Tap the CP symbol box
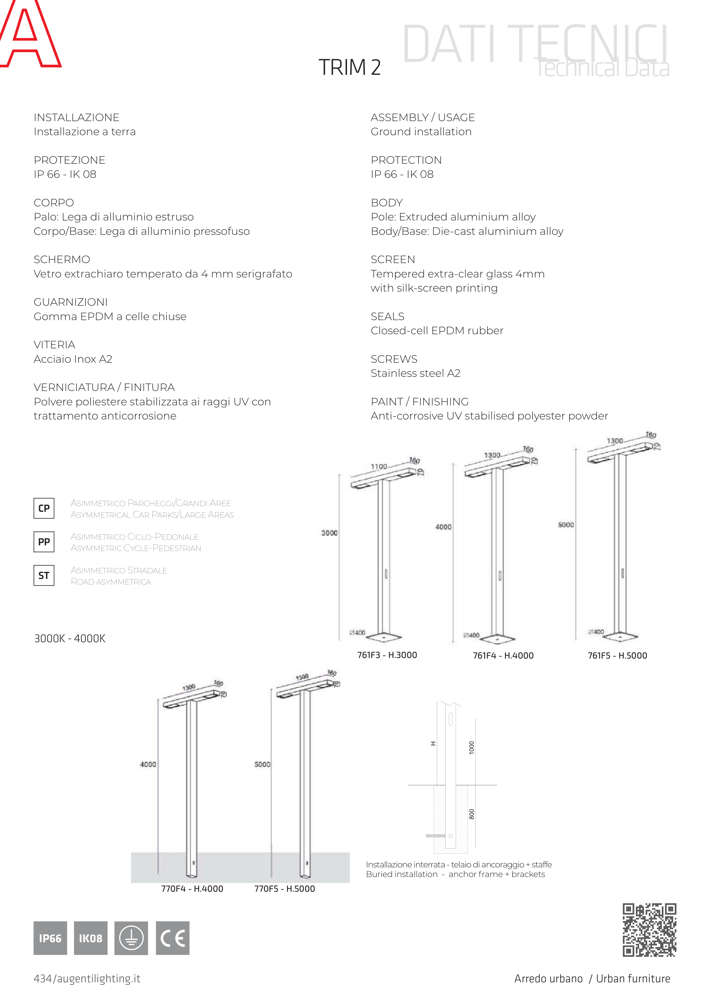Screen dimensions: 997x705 [x=44, y=508]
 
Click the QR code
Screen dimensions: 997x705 [x=649, y=930]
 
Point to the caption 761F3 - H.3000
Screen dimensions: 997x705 [x=387, y=655]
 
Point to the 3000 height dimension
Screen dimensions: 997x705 [x=329, y=533]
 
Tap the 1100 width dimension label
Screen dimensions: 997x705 [x=379, y=466]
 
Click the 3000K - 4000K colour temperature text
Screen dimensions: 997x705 [x=70, y=638]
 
